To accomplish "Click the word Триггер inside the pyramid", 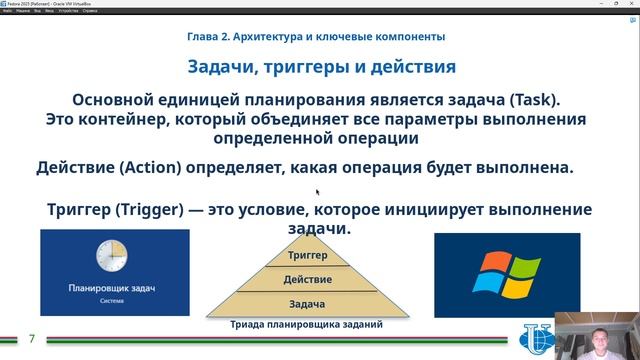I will (308, 257).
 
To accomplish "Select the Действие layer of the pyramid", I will (308, 279).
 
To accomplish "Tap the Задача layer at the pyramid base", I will (308, 303).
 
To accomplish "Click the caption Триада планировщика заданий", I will (307, 324).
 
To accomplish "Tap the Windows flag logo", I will (505, 274).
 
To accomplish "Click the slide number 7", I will (31, 339).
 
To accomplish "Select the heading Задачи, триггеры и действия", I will (322, 67).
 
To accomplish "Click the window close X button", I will (632, 4).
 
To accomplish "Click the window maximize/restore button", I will (616, 4).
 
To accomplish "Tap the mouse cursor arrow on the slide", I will (318, 192).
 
